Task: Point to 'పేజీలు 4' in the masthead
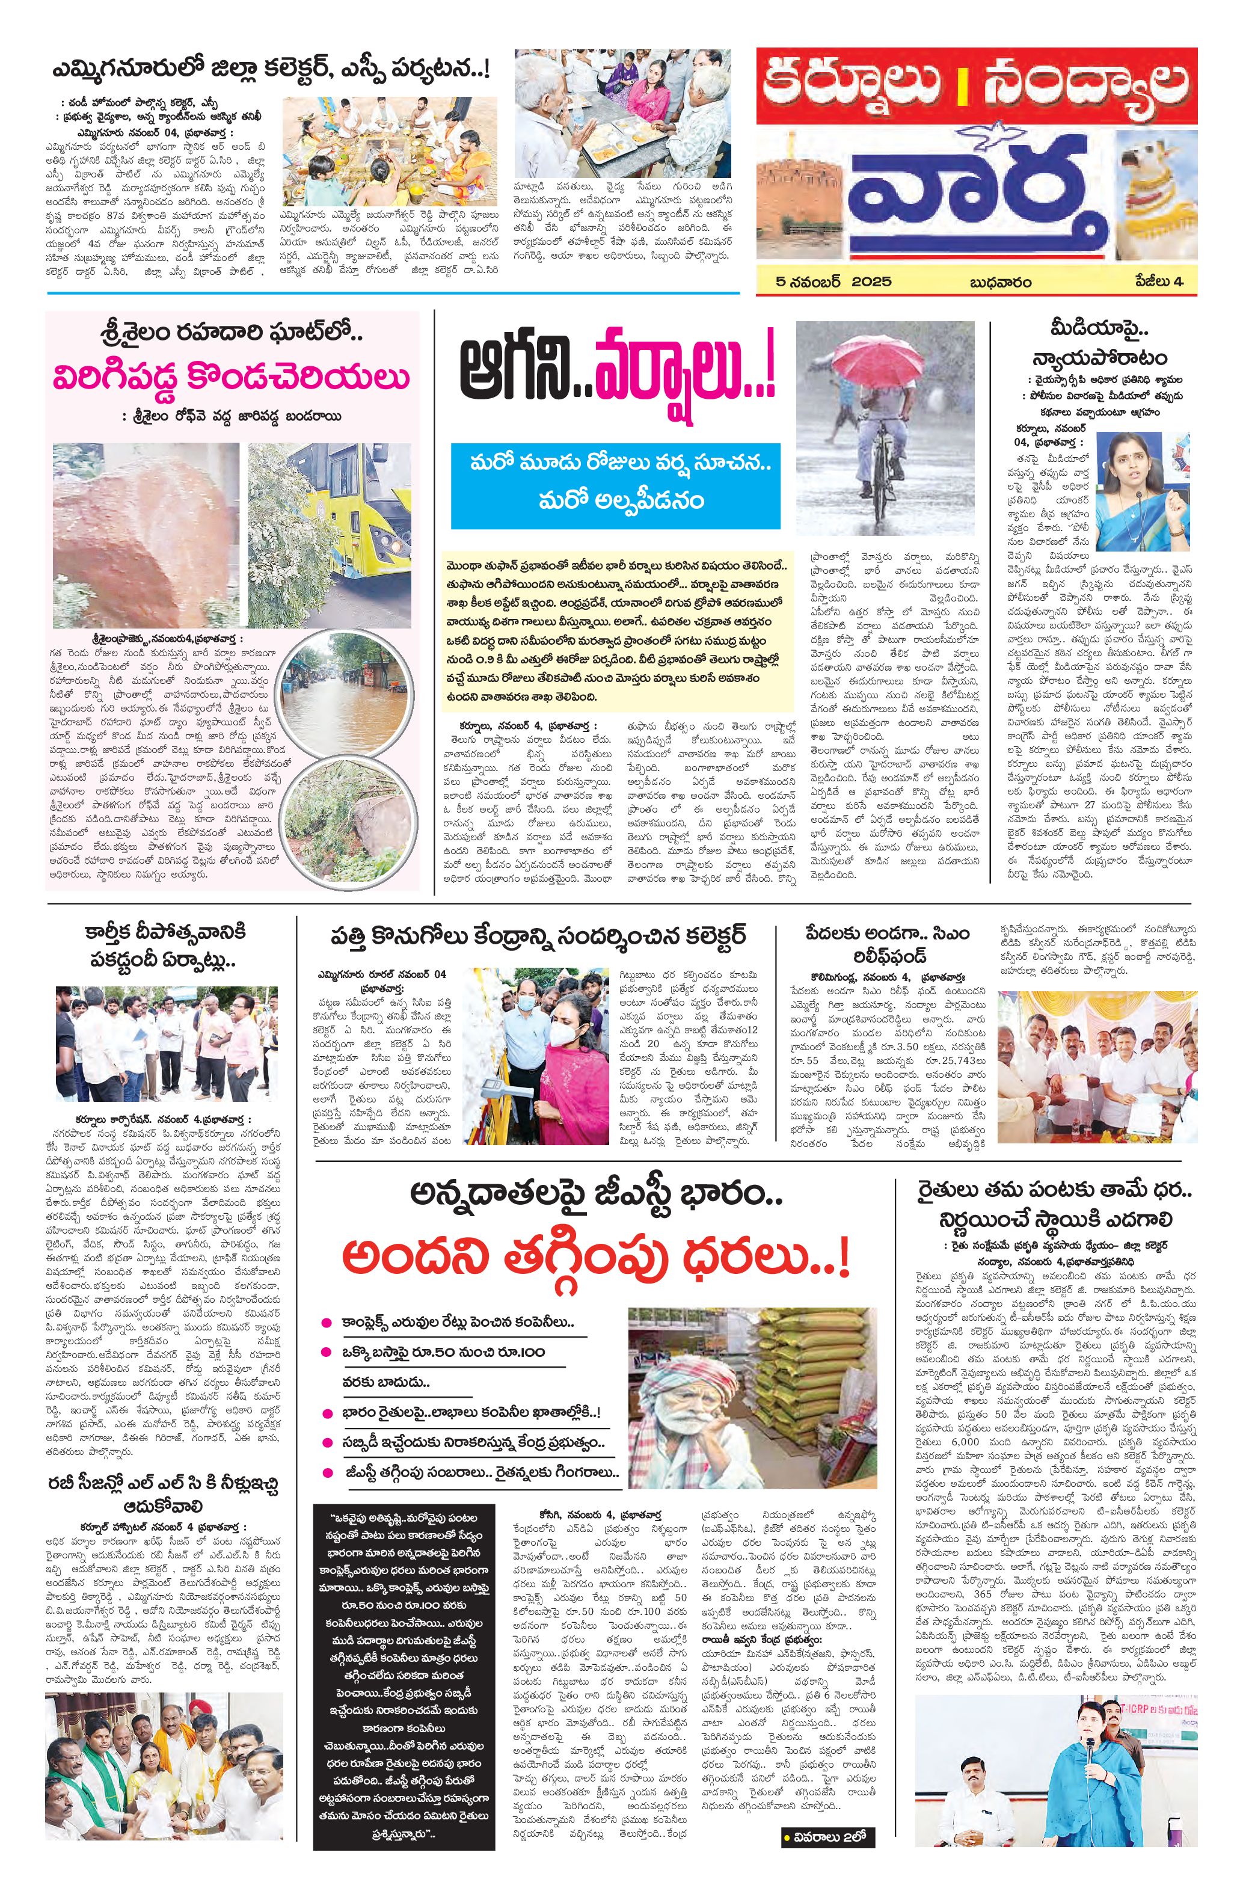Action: point(1159,281)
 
